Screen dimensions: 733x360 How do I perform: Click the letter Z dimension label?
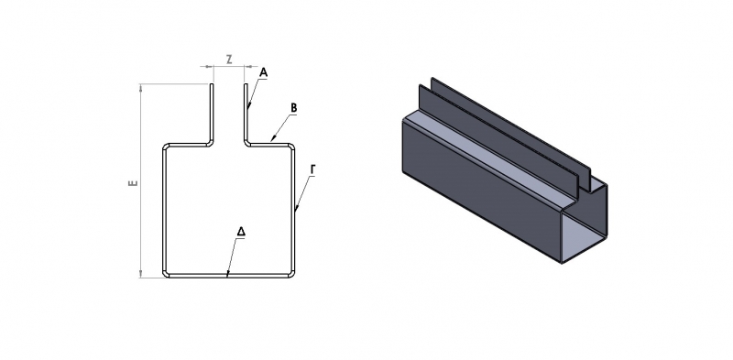point(229,60)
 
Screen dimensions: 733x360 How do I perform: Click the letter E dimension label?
point(133,182)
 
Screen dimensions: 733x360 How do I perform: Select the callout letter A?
point(263,72)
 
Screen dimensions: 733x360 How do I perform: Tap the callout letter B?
point(293,108)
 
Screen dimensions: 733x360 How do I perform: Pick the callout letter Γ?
point(313,170)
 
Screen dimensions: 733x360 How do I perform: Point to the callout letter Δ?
point(241,232)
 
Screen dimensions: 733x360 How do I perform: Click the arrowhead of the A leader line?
point(249,105)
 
